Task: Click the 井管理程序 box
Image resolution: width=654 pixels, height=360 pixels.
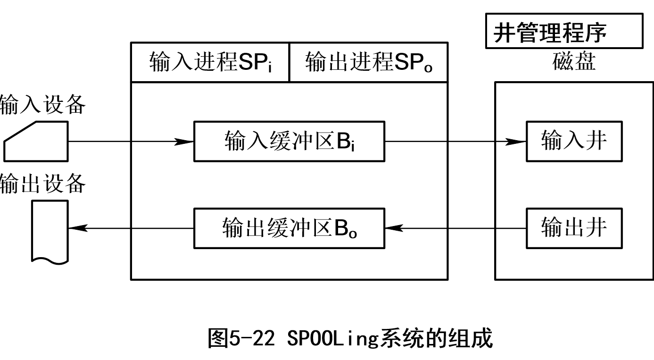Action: click(x=564, y=31)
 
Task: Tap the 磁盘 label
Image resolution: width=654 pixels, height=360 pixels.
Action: click(x=574, y=62)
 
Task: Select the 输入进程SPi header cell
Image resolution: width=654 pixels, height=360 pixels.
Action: click(x=210, y=62)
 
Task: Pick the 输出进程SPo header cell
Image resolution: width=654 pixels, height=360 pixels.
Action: click(x=368, y=62)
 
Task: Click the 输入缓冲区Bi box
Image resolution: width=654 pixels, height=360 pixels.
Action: click(x=289, y=141)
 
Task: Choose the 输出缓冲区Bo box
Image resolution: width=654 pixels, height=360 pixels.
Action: click(x=289, y=228)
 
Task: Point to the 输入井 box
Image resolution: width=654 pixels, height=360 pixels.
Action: click(x=574, y=141)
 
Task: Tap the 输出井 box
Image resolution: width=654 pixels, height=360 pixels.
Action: click(x=574, y=228)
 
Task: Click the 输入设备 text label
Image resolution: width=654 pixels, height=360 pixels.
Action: click(x=42, y=105)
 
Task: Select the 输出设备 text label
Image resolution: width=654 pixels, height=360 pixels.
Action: click(x=42, y=184)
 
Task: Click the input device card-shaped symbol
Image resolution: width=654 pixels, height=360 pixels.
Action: click(x=37, y=142)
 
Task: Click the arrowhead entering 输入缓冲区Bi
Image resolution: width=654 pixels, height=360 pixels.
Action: click(x=185, y=141)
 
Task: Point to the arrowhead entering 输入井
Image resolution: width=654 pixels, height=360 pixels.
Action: click(x=517, y=141)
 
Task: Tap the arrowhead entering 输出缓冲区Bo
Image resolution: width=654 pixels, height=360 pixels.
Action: click(x=394, y=228)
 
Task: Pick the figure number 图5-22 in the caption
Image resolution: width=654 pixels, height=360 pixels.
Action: click(x=241, y=339)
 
